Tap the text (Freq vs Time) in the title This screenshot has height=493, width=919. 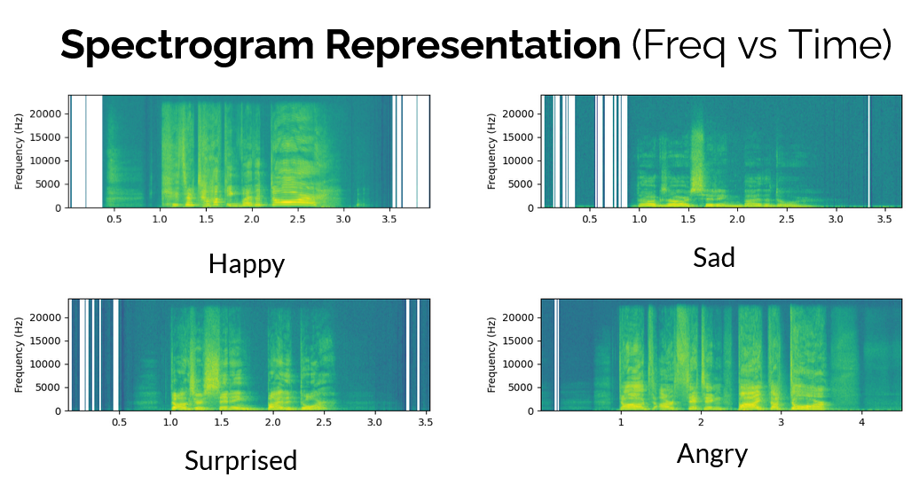click(761, 44)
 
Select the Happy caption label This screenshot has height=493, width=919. click(247, 264)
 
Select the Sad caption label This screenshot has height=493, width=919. click(714, 258)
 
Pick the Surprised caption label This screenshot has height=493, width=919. click(240, 461)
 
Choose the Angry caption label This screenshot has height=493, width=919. click(712, 455)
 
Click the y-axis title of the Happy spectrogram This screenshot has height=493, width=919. click(19, 152)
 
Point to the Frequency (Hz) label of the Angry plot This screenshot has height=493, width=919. click(491, 356)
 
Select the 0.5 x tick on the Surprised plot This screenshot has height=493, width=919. click(120, 422)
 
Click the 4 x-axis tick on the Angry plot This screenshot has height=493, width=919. click(861, 422)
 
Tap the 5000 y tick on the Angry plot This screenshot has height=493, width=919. click(522, 387)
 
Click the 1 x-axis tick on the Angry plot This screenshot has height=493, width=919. click(621, 422)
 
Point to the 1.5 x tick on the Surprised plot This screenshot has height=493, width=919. click(222, 422)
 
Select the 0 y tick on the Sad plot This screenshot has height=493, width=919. click(530, 208)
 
